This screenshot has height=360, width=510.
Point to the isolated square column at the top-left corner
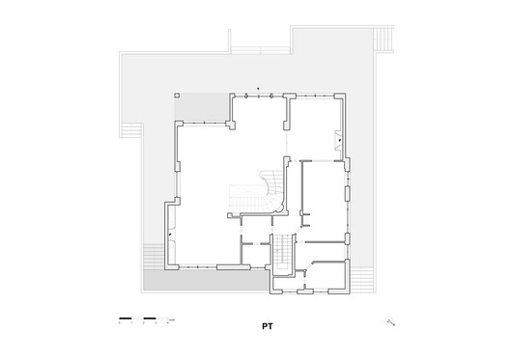coord(177,96)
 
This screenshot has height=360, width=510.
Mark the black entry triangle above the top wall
coord(258,86)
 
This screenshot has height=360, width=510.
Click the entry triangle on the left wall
coord(171,235)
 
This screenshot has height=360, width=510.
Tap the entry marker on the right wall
coord(340,141)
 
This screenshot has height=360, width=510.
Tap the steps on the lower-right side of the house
coord(362,281)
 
